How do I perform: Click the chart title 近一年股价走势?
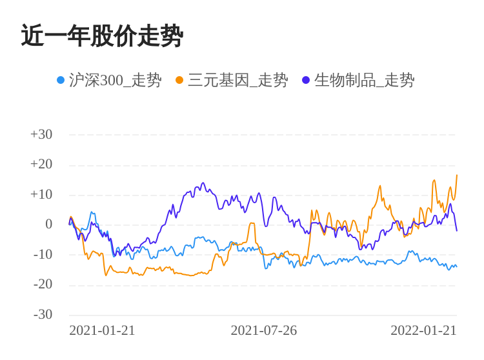(102, 36)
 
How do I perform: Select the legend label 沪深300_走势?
(115, 80)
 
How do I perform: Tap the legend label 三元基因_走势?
(238, 80)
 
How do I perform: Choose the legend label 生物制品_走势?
(365, 80)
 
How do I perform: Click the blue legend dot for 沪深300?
(61, 80)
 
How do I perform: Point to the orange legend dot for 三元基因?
(179, 80)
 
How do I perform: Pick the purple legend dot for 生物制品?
(306, 80)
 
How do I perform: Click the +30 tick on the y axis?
(41, 134)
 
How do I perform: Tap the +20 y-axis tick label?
(41, 164)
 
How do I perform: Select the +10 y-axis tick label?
(41, 194)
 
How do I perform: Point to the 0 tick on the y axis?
(48, 224)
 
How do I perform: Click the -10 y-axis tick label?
(43, 254)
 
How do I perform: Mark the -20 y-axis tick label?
(43, 284)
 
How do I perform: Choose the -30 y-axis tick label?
(43, 314)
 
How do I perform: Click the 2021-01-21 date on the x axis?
(102, 330)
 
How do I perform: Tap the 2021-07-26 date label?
(263, 330)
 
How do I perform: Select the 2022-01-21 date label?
(423, 330)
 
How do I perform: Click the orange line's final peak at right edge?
(457, 175)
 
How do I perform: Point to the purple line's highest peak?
(203, 183)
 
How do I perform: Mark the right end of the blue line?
(457, 266)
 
